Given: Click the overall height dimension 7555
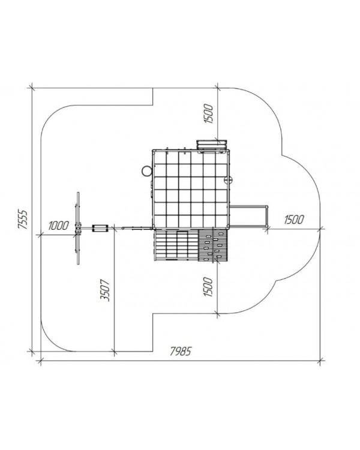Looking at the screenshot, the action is (x=22, y=219).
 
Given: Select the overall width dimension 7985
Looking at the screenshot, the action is (x=180, y=351).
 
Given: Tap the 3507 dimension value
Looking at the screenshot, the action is (x=105, y=290).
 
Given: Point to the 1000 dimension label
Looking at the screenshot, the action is (x=58, y=226).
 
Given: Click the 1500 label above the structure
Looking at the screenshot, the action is (x=209, y=114).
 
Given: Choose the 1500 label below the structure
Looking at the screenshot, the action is (x=208, y=287).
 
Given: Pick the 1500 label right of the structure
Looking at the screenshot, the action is (x=294, y=220).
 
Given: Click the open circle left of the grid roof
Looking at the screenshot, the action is (x=146, y=171).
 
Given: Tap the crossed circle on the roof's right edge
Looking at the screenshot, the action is (x=229, y=181).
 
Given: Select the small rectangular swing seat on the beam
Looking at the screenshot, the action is (x=100, y=229).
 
